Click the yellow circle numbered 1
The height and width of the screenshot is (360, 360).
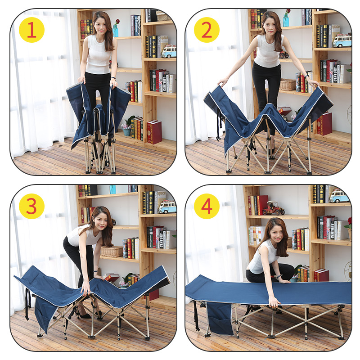(x=31, y=30)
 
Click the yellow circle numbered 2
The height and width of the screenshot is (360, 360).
(x=207, y=30)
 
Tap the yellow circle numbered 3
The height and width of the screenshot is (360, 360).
(x=31, y=206)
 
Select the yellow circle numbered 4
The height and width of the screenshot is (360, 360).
(x=207, y=206)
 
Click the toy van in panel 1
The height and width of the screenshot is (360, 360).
(x=169, y=51)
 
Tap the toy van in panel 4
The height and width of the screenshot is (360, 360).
(x=338, y=197)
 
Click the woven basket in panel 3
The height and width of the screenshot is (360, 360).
(x=111, y=251)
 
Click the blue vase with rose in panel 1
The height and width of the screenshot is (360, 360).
(x=116, y=29)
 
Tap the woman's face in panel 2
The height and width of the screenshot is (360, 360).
(x=270, y=22)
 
